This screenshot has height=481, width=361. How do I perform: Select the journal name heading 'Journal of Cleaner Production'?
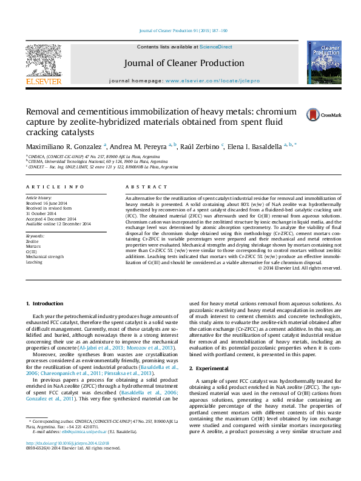184,63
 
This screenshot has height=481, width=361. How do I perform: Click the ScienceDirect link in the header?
215,47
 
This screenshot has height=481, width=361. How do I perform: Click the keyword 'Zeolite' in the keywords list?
32,241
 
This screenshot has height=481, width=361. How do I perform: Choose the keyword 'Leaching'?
34,262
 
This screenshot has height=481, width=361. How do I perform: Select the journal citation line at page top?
183,30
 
